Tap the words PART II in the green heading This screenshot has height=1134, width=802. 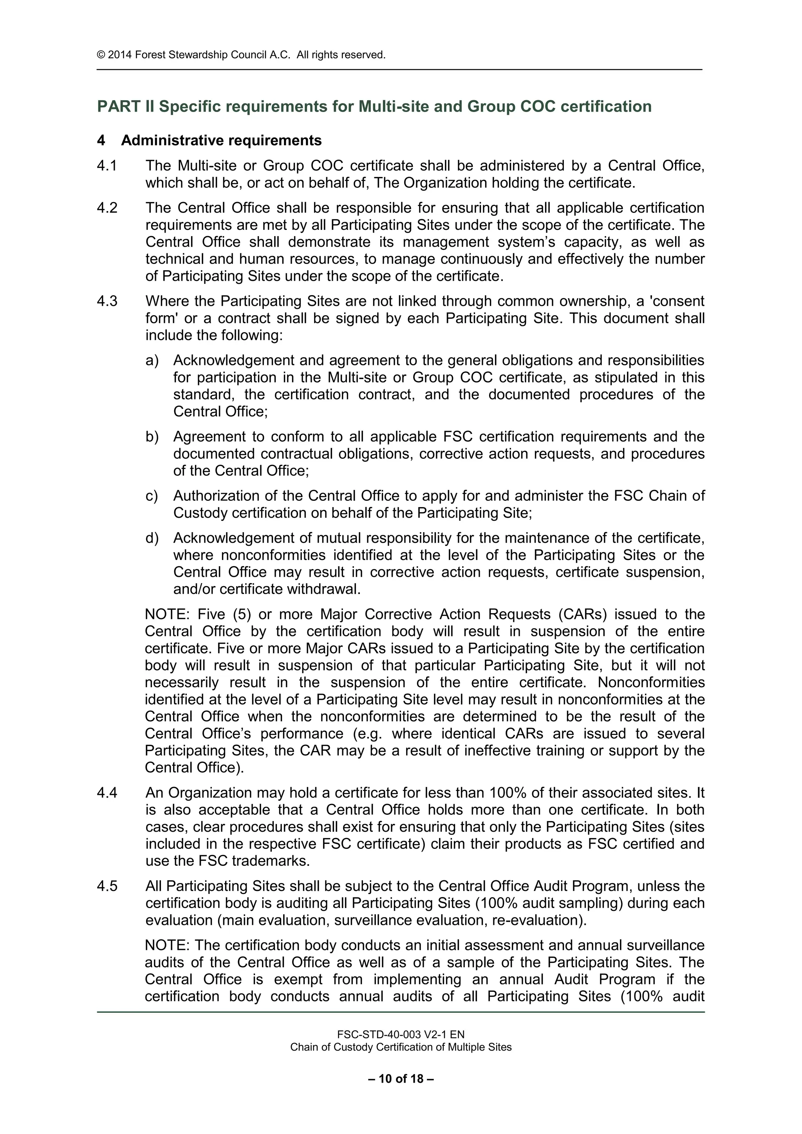pyautogui.click(x=126, y=107)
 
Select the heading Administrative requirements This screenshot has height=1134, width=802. pyautogui.click(x=221, y=141)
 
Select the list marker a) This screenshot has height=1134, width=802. pyautogui.click(x=152, y=361)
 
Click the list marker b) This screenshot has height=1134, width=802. pyautogui.click(x=152, y=437)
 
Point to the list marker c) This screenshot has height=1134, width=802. pyautogui.click(x=152, y=496)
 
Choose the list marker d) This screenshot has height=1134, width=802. pyautogui.click(x=152, y=538)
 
